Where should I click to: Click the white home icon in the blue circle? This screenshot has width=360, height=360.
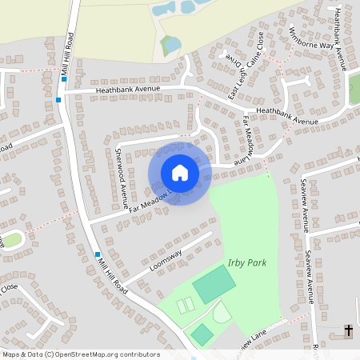(179, 173)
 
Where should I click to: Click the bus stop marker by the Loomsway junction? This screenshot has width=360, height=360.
(98, 254)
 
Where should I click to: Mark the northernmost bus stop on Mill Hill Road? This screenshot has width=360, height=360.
(63, 79)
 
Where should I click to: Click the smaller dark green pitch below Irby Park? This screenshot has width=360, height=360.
(202, 334)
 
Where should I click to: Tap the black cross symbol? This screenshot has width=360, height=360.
(348, 330)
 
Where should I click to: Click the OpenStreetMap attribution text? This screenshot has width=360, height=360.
(80, 354)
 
